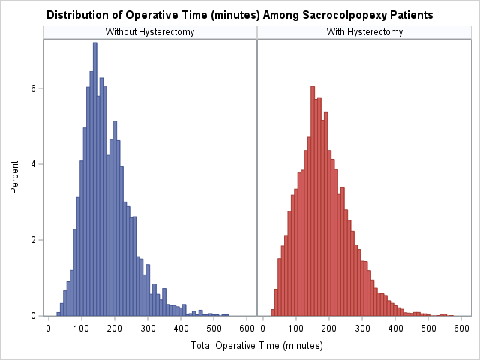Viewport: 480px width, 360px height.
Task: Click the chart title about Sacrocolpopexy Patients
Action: click(239, 15)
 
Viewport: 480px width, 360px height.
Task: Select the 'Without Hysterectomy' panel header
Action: click(150, 32)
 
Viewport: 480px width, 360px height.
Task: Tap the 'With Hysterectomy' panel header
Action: click(364, 32)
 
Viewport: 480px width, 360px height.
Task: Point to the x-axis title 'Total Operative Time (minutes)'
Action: click(257, 346)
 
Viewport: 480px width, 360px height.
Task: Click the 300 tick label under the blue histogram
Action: click(148, 328)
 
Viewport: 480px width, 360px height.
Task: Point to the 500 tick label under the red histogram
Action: click(429, 328)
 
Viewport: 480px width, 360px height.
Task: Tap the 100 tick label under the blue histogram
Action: click(82, 328)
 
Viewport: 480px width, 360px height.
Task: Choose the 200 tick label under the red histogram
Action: click(329, 328)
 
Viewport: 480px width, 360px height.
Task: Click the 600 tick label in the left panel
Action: click(247, 328)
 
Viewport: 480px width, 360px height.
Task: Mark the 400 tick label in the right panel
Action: click(396, 328)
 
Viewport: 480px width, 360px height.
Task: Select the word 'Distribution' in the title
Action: click(73, 15)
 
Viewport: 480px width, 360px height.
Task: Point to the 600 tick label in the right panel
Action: click(462, 328)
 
